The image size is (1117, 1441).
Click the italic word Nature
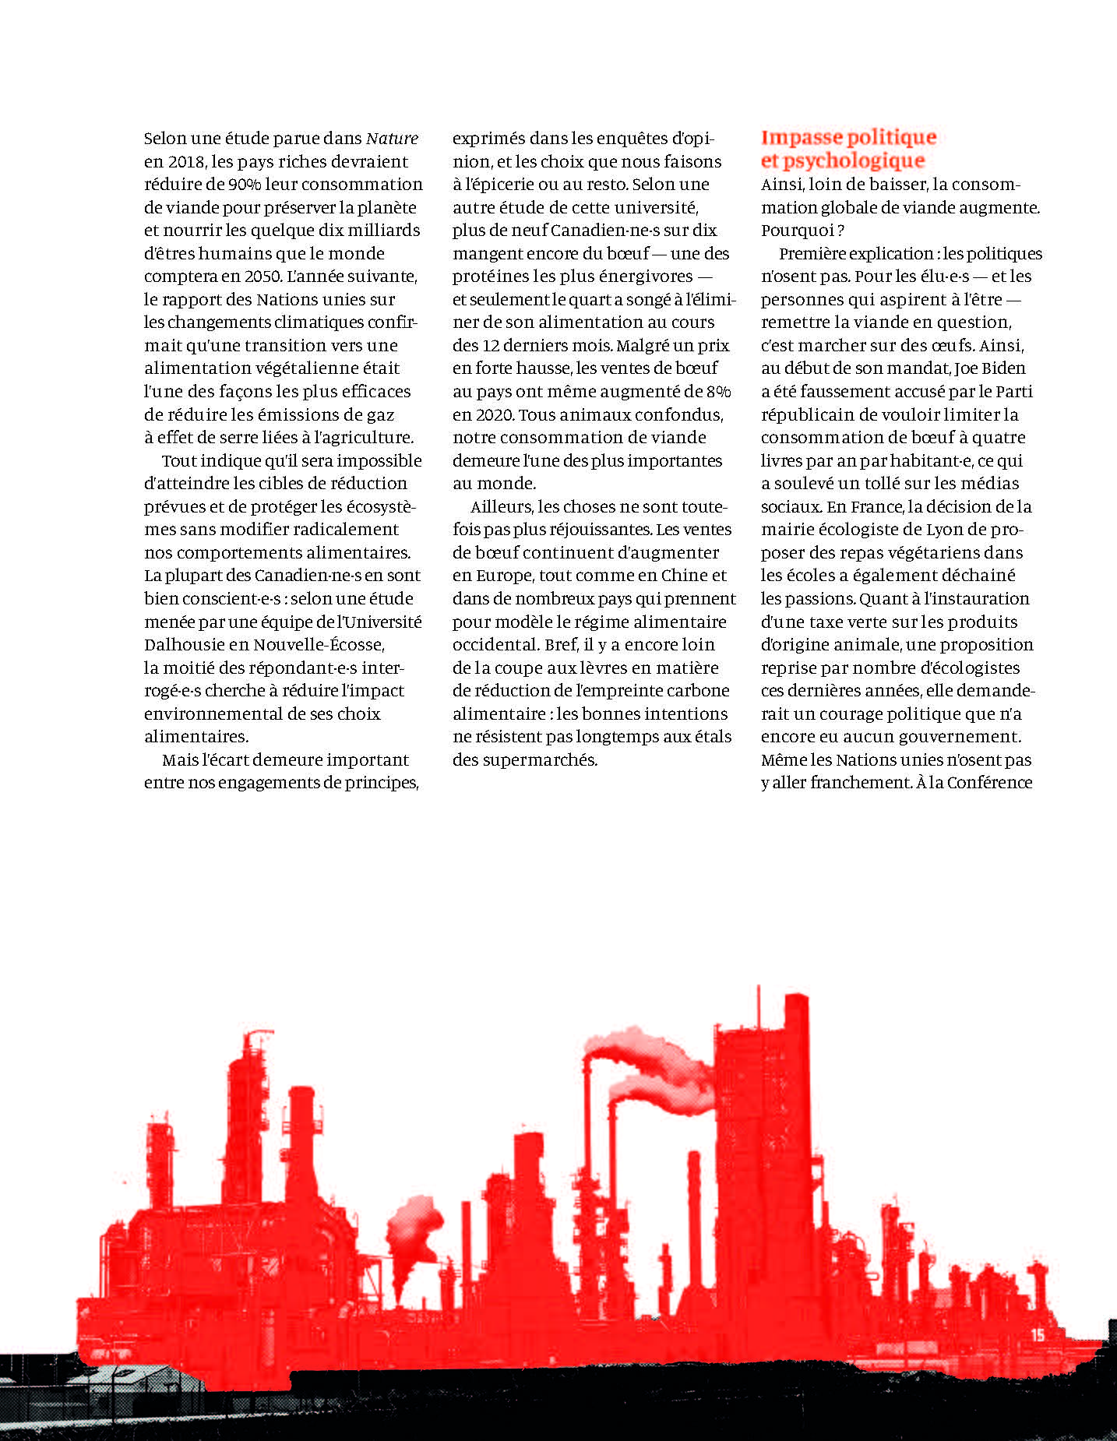(x=392, y=139)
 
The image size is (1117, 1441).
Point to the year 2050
(x=262, y=277)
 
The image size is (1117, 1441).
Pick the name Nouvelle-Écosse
(x=319, y=645)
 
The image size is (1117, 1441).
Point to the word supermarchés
(x=551, y=759)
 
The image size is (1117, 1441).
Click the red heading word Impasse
(x=801, y=138)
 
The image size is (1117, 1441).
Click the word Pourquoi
(x=796, y=231)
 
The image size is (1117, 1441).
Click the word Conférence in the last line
(x=990, y=783)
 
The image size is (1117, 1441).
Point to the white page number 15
(x=1038, y=1335)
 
